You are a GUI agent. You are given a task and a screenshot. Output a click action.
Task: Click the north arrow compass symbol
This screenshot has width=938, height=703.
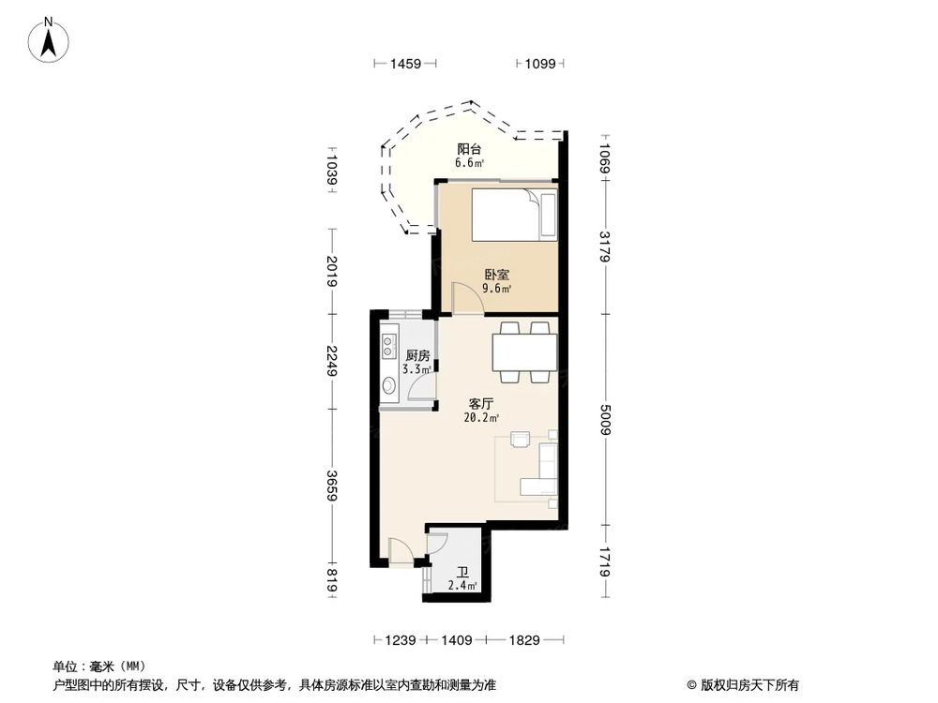pos(49,40)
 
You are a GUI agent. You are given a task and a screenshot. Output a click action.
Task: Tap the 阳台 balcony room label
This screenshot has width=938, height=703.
pos(468,149)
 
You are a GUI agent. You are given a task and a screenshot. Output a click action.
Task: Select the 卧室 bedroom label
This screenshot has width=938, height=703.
pos(496,275)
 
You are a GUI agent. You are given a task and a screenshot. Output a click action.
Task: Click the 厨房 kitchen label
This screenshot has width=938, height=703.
pos(417,355)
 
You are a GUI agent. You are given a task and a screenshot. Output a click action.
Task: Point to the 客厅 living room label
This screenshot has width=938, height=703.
pos(481,404)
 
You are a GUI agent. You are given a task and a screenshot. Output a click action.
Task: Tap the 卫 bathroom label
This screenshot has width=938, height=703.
pos(462,573)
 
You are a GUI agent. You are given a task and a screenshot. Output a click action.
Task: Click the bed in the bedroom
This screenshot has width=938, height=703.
pos(514,215)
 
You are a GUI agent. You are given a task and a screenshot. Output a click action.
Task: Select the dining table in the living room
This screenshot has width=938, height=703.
pos(524,352)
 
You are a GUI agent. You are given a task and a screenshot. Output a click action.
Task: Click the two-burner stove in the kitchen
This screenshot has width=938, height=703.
pos(389,345)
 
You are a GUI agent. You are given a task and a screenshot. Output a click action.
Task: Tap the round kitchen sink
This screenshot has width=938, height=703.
pos(389,385)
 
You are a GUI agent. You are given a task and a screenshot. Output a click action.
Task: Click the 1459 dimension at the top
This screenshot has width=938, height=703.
pos(405,64)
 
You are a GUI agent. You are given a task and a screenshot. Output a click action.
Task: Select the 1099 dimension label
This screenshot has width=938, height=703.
pos(540,64)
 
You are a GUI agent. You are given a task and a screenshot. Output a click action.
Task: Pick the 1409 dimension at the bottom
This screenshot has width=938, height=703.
pos(457,640)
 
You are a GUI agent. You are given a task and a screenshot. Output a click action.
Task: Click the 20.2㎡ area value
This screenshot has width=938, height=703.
pos(481,418)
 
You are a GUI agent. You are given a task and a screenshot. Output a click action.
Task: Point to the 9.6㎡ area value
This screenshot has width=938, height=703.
pos(497,289)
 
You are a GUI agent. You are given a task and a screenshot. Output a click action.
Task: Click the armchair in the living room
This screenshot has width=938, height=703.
pos(521,439)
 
